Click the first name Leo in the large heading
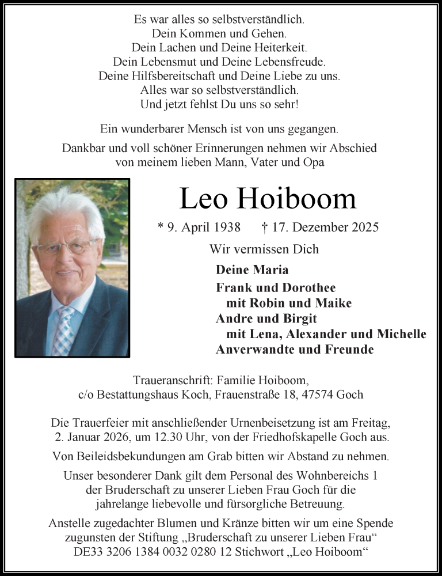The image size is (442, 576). coord(204,199)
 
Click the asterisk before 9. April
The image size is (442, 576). coord(161,226)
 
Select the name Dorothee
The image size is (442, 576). coord(309,287)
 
